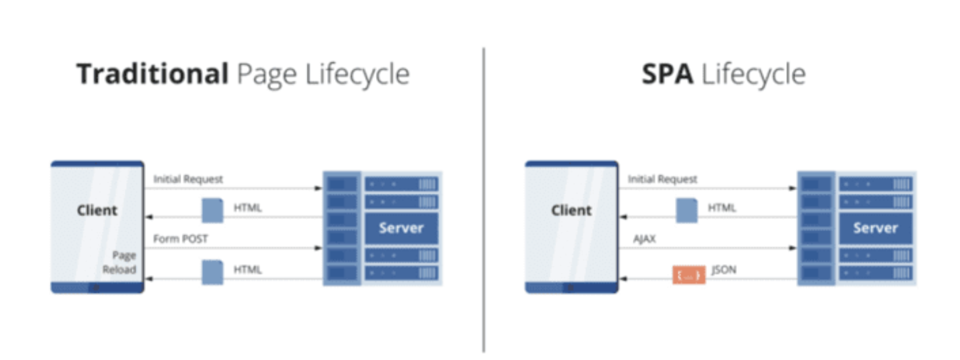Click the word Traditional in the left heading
pos(152,74)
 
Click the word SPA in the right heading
pos(667,74)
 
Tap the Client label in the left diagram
pos(97,210)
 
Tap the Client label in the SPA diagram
pos(571,210)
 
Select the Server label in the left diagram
pos(401,228)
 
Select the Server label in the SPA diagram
pos(875,228)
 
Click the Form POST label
pos(181,238)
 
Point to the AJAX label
pos(645,238)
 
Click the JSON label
pos(724,269)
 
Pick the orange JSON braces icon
pos(688,275)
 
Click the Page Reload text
pos(120,262)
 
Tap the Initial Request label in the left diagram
pos(188,179)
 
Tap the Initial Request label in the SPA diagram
pos(662,179)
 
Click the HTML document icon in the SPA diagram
pos(687,210)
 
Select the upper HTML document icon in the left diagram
pos(212,210)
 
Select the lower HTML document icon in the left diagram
pos(212,272)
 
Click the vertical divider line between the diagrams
pos(484,199)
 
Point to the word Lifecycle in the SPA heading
pos(753,74)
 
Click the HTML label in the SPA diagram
pos(721,208)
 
